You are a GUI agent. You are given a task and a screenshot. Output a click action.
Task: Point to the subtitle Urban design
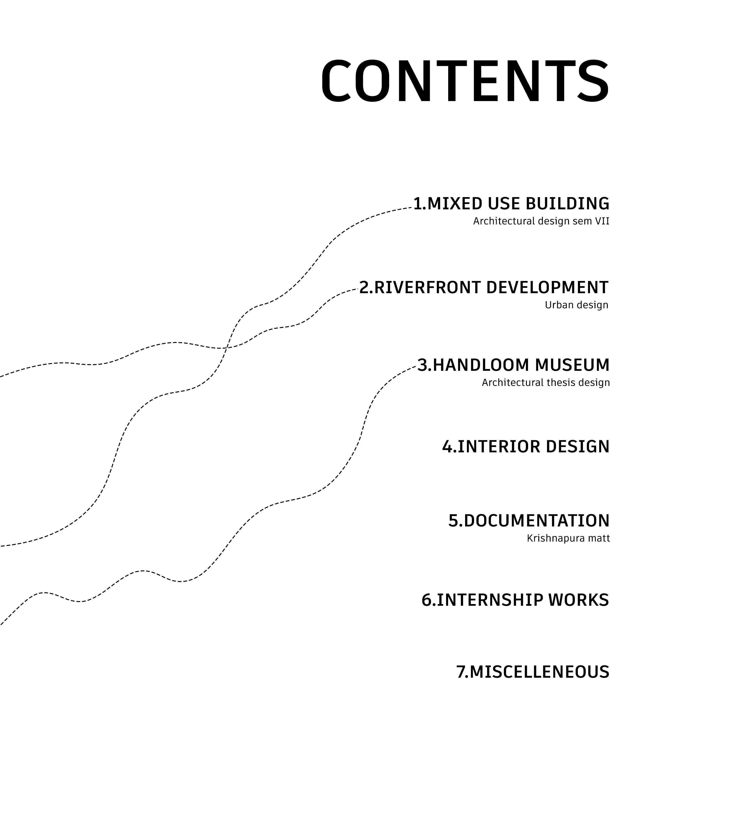coord(576,305)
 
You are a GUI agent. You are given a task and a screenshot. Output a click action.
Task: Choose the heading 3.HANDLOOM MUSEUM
coord(513,365)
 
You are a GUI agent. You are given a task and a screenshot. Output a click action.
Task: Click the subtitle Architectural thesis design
coord(546,383)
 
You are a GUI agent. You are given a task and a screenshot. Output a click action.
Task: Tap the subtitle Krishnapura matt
coord(568,538)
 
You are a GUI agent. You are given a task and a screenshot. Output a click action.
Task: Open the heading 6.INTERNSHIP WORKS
coord(515,600)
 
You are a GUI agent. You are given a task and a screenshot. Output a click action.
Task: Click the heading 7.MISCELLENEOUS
coord(533,672)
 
